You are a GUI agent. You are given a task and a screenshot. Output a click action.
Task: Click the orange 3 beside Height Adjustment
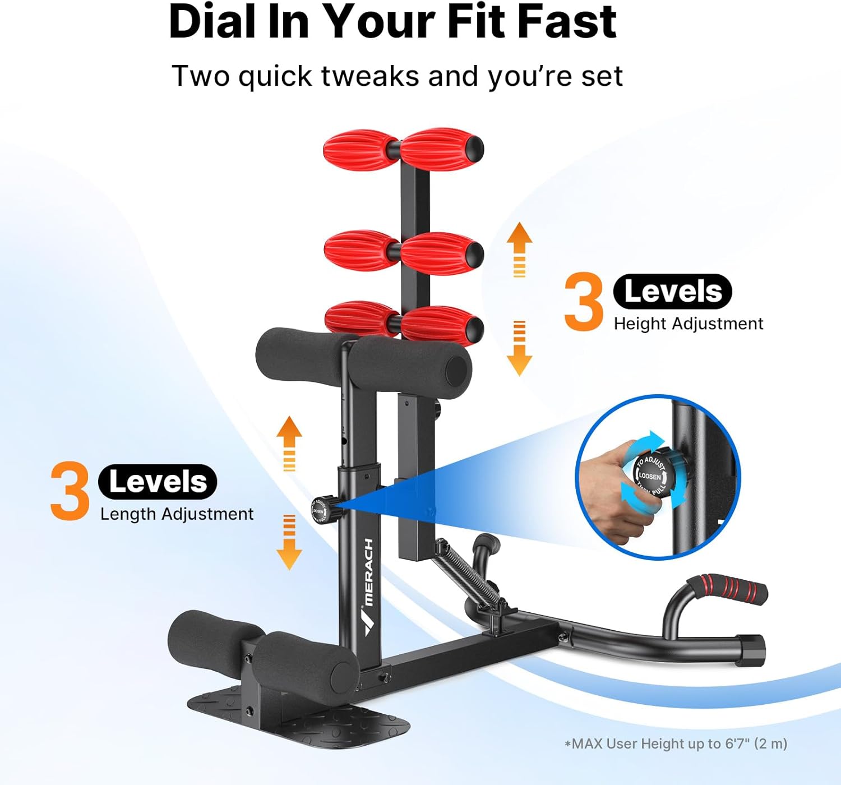pyautogui.click(x=584, y=301)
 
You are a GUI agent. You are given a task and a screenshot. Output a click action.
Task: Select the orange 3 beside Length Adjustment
pyautogui.click(x=70, y=491)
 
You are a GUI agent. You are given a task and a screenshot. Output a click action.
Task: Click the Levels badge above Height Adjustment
pyautogui.click(x=672, y=292)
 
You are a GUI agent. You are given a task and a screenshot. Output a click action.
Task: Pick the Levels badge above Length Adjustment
pyautogui.click(x=158, y=482)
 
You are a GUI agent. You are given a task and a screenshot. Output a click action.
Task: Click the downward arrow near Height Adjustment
pyautogui.click(x=519, y=348)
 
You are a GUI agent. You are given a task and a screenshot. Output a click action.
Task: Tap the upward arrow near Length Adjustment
pyautogui.click(x=289, y=442)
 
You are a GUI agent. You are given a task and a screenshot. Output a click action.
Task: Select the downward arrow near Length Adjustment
pyautogui.click(x=289, y=542)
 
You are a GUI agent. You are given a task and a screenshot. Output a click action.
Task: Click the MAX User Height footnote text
pyautogui.click(x=676, y=744)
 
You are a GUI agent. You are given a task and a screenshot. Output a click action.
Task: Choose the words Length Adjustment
pyautogui.click(x=177, y=514)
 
